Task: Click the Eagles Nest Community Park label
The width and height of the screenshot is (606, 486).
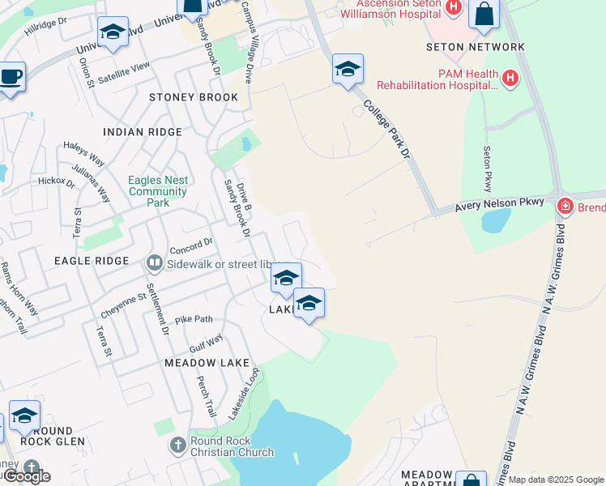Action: (159, 191)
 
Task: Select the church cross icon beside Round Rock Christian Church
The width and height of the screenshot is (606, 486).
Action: (178, 445)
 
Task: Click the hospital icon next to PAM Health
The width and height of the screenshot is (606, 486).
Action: (510, 79)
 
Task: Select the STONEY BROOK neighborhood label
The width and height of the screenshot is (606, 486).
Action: (194, 97)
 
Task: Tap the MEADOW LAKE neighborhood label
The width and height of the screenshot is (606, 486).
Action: (208, 364)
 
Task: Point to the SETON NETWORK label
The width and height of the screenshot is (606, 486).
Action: (476, 47)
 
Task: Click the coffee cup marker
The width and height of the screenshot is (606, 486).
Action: (10, 77)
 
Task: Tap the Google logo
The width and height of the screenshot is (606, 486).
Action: (26, 476)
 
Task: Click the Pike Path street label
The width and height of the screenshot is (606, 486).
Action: (194, 319)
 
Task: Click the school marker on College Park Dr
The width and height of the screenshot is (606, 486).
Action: (348, 70)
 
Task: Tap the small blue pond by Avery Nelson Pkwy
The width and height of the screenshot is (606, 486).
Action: (496, 220)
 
